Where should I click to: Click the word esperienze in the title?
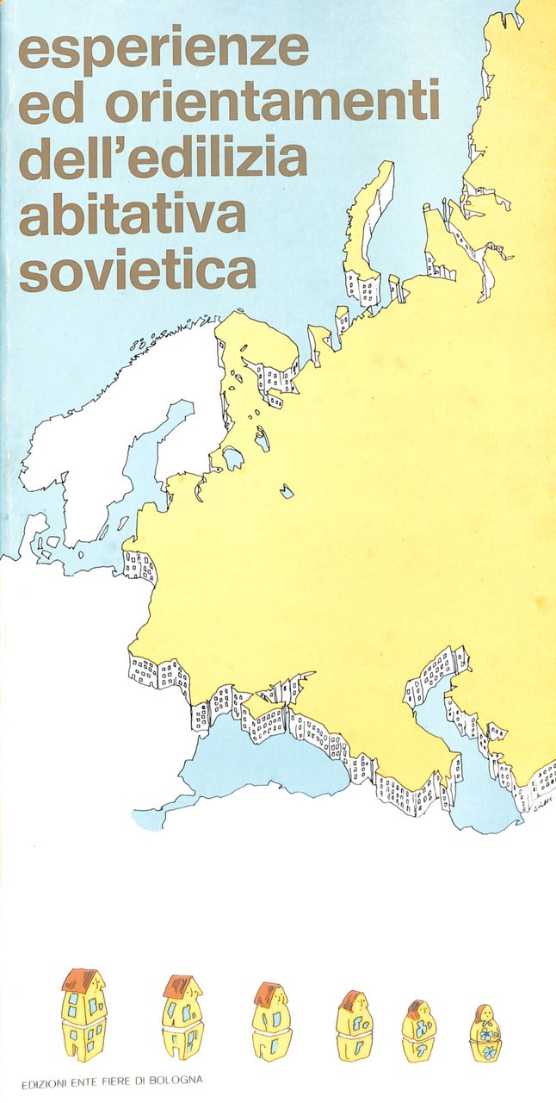[x=164, y=49]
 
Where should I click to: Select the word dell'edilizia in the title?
[x=163, y=159]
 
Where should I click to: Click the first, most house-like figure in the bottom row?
[x=83, y=1015]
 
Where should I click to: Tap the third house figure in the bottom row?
[x=272, y=1021]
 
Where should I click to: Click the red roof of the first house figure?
[x=83, y=980]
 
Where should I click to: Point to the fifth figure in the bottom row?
[x=419, y=1031]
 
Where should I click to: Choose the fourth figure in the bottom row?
[x=354, y=1025]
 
